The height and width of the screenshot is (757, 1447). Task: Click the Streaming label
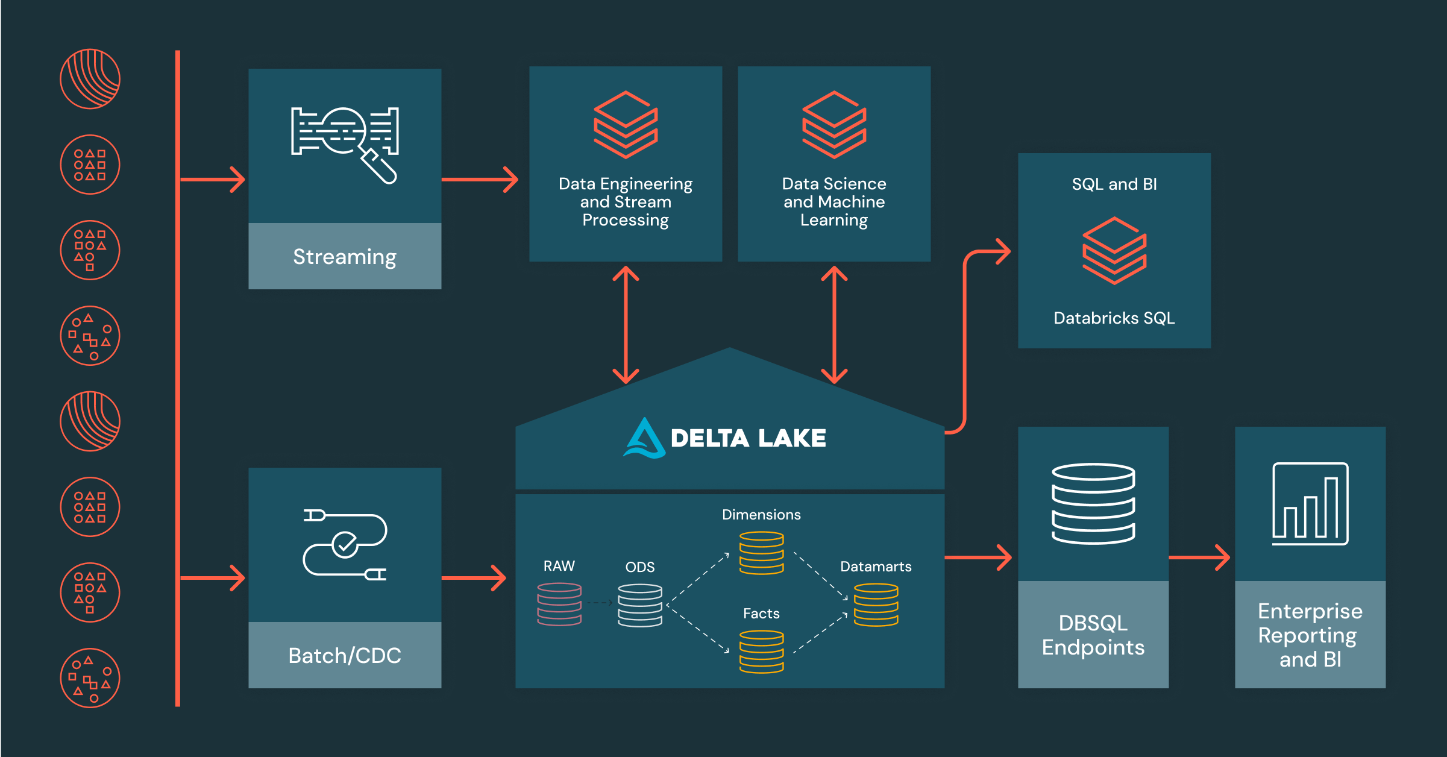345,257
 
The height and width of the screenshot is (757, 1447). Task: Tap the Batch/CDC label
345,656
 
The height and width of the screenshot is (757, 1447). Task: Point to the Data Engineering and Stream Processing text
626,202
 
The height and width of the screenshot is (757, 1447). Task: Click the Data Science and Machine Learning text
834,202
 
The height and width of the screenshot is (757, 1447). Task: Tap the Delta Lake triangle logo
644,438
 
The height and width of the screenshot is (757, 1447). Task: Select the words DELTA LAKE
749,438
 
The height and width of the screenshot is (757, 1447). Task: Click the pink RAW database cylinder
559,604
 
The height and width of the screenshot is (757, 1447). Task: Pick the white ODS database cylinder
640,605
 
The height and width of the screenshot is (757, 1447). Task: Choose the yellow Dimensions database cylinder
762,553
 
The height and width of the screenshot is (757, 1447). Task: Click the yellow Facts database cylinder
762,651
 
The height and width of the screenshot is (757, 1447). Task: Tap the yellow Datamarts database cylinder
876,605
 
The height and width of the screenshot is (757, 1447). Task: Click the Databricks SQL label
1114,318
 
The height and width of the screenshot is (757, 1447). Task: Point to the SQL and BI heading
1114,184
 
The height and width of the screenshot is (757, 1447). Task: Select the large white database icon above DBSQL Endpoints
1093,504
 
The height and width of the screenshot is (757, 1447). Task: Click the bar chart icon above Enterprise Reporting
1310,504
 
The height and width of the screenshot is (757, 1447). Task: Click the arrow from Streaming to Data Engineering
480,179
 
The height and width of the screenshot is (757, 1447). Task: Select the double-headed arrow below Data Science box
834,325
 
